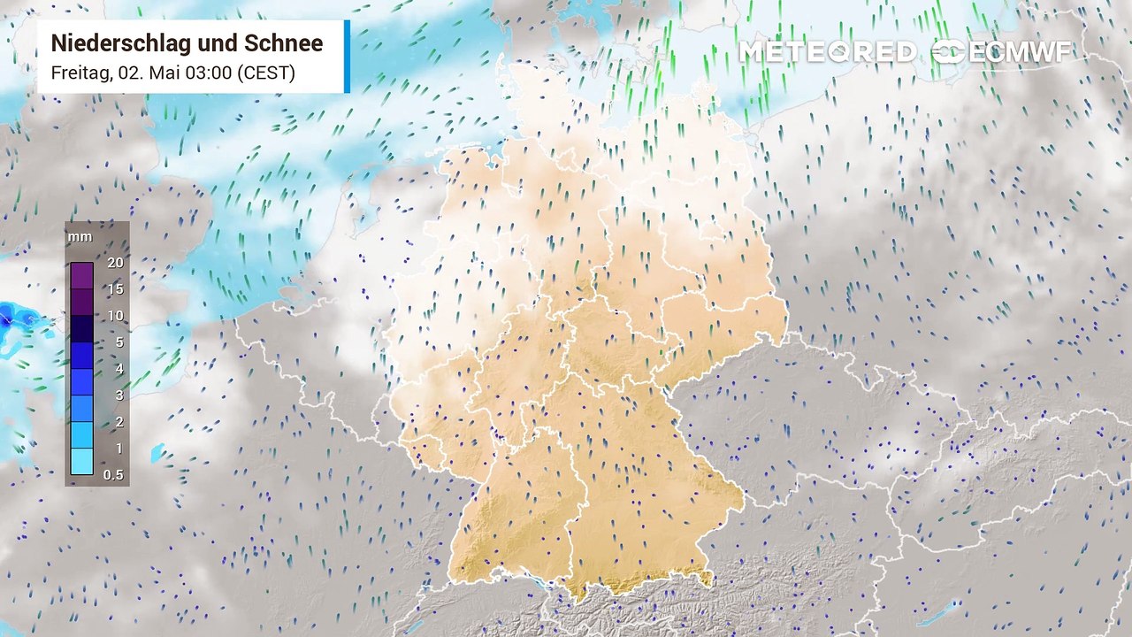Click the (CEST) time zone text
click(265, 73)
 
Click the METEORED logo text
click(828, 52)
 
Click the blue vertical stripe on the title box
click(347, 57)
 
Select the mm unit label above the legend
click(79, 237)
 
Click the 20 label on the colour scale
click(114, 263)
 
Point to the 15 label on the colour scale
click(114, 289)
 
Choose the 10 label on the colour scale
click(114, 316)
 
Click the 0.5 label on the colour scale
click(114, 475)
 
